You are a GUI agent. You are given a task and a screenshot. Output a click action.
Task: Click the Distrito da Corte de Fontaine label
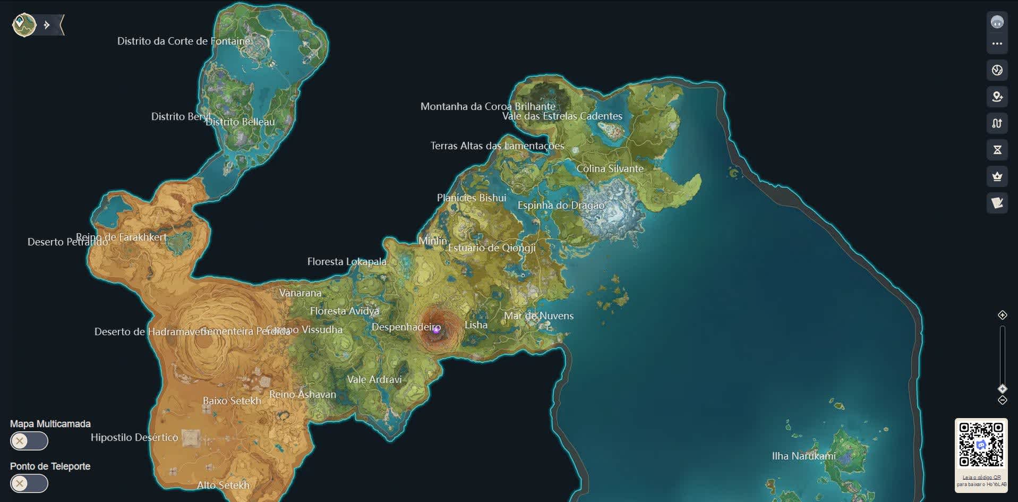(x=183, y=41)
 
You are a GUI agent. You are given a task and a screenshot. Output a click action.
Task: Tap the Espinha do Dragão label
(x=561, y=206)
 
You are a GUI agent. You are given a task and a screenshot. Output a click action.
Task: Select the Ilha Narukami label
(x=803, y=456)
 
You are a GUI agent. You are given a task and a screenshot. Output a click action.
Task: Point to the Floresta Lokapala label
(x=347, y=262)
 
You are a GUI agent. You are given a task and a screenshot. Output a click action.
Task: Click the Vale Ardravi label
(x=374, y=380)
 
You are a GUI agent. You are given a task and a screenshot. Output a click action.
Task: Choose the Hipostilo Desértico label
(x=134, y=438)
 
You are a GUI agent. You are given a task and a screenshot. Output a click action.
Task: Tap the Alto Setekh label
(x=223, y=486)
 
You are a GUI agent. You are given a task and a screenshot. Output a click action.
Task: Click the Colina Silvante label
(x=610, y=169)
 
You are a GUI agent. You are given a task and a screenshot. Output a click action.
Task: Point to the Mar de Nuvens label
(x=538, y=316)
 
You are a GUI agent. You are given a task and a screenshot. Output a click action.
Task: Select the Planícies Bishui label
(x=471, y=198)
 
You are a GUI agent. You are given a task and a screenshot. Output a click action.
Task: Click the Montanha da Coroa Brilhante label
(x=487, y=107)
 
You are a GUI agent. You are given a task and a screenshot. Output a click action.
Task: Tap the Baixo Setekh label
(x=232, y=401)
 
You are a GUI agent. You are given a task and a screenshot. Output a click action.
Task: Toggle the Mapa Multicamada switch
(x=29, y=441)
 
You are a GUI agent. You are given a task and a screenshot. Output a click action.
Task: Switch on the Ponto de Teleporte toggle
(x=29, y=483)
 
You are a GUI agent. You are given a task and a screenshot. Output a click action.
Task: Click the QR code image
(x=981, y=445)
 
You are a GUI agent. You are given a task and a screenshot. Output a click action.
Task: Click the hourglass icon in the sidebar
(x=997, y=150)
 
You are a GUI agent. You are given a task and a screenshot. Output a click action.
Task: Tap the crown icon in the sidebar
(x=997, y=176)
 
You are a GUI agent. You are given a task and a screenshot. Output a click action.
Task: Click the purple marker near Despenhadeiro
(x=437, y=330)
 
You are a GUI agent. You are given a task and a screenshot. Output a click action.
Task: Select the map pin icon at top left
(x=24, y=24)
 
